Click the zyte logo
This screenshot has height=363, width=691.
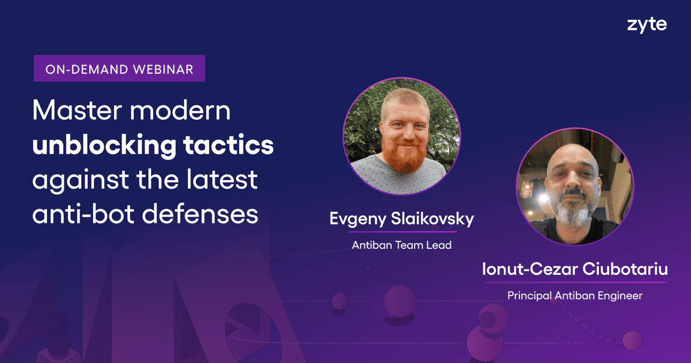(647, 25)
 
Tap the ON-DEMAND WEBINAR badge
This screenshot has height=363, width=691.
(119, 69)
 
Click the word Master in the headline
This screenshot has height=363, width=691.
(77, 110)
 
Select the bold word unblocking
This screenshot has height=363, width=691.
(104, 146)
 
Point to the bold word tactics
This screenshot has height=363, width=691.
(228, 145)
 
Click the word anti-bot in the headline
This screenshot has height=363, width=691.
(83, 214)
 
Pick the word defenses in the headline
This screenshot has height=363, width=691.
(200, 214)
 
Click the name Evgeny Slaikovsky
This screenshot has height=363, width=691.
(402, 220)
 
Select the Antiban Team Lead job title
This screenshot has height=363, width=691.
(402, 245)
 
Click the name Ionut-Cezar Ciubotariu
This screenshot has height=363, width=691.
(575, 269)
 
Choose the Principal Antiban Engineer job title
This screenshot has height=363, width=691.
(575, 296)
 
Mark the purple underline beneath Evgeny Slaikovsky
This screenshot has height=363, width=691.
(402, 232)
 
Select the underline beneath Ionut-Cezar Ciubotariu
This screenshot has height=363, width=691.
(575, 282)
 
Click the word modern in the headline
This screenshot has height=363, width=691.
(180, 110)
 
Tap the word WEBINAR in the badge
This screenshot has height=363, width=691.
(163, 70)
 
